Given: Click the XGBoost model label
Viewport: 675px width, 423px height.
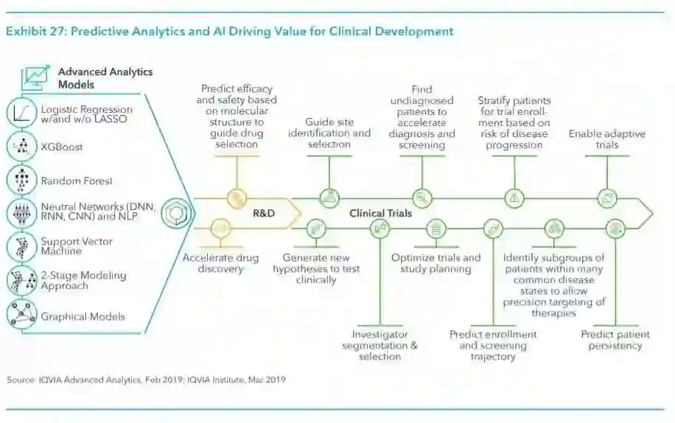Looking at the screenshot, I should pyautogui.click(x=62, y=147).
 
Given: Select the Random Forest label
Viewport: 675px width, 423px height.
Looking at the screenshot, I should pyautogui.click(x=77, y=180).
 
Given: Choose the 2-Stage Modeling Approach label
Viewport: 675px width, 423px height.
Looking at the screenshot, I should pyautogui.click(x=83, y=280).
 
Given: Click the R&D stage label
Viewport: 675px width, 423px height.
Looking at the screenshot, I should pyautogui.click(x=264, y=213).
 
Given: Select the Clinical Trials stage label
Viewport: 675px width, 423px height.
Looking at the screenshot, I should pyautogui.click(x=380, y=213).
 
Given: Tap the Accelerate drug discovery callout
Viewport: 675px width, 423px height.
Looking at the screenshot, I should pyautogui.click(x=220, y=263).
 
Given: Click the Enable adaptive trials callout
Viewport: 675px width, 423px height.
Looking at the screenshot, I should pyautogui.click(x=606, y=139).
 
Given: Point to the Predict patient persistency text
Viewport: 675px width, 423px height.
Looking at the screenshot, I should pyautogui.click(x=615, y=340).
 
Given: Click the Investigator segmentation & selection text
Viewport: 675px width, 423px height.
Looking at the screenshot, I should pyautogui.click(x=380, y=345).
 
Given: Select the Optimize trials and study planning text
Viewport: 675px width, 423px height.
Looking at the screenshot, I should pyautogui.click(x=436, y=263).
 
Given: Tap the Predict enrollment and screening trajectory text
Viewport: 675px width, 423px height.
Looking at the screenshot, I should pyautogui.click(x=493, y=345).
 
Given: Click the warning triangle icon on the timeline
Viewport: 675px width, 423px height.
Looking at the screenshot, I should pyautogui.click(x=514, y=197).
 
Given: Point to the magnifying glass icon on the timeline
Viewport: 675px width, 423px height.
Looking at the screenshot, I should pyautogui.click(x=422, y=197).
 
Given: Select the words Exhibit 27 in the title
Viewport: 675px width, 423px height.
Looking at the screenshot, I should pyautogui.click(x=35, y=32).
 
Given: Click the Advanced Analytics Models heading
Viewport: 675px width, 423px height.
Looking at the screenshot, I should pyautogui.click(x=105, y=77).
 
